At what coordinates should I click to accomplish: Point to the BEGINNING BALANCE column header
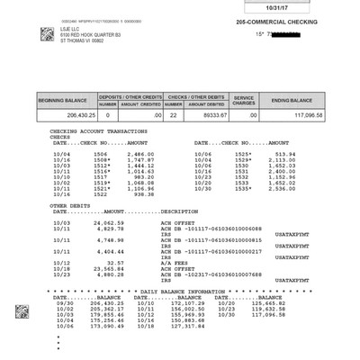click(x=65, y=99)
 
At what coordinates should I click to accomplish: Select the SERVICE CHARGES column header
click(x=245, y=99)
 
